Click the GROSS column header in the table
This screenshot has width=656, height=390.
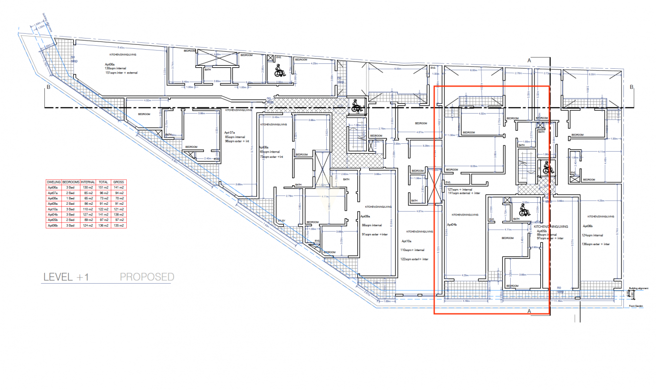pyautogui.click(x=119, y=181)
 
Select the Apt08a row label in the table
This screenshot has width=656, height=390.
pyautogui.click(x=53, y=198)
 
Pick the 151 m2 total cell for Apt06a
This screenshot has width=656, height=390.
pyautogui.click(x=103, y=187)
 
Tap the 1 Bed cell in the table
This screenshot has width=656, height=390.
pyautogui.click(x=71, y=198)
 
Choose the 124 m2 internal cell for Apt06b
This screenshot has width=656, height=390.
pyautogui.click(x=88, y=226)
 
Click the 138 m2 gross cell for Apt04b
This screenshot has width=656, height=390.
pyautogui.click(x=119, y=214)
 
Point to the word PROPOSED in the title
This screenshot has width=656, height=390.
pyautogui.click(x=147, y=277)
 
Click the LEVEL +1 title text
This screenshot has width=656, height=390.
pyautogui.click(x=65, y=277)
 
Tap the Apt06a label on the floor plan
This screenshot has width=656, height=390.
pyautogui.click(x=110, y=64)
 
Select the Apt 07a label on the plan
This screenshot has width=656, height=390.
pyautogui.click(x=230, y=133)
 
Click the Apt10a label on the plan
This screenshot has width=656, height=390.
pyautogui.click(x=407, y=241)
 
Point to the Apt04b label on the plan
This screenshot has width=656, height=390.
pyautogui.click(x=452, y=225)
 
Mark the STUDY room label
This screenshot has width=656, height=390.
pyautogui.click(x=281, y=221)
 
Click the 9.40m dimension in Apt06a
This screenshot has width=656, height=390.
pyautogui.click(x=121, y=48)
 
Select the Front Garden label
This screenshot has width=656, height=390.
pyautogui.click(x=636, y=306)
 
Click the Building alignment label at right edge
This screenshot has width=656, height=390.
pyautogui.click(x=639, y=289)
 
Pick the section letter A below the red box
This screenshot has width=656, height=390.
pyautogui.click(x=529, y=310)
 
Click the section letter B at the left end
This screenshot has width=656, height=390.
pyautogui.click(x=48, y=87)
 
